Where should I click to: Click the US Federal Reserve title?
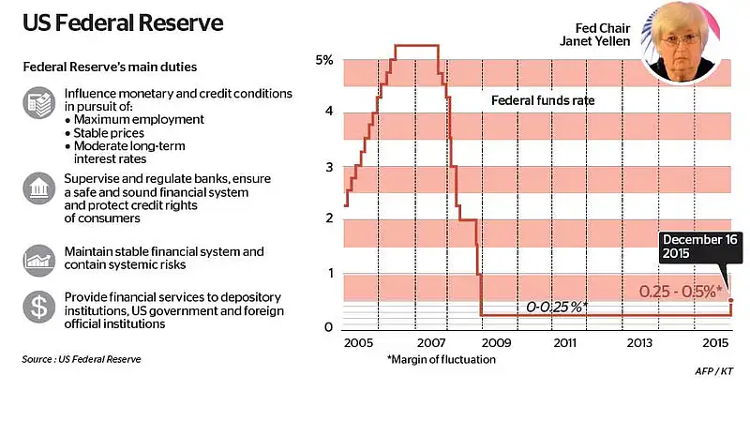point(123,23)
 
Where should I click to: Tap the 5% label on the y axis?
point(324,60)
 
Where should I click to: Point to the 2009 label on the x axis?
point(496,343)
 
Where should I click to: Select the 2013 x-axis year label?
point(639,343)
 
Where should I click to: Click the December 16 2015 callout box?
point(700,247)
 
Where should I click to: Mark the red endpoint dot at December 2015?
point(731,300)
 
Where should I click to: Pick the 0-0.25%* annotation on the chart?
point(557,307)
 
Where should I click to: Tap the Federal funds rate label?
point(543,100)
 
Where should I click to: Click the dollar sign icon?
point(39,307)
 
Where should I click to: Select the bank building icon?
point(39,188)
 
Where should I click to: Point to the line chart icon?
point(39,261)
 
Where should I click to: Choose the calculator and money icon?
point(39,102)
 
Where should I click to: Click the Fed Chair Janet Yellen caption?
point(595,35)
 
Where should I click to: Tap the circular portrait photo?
point(681,41)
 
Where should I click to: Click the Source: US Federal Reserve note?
point(82,359)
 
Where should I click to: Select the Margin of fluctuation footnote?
point(442,359)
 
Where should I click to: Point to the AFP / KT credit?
point(714,370)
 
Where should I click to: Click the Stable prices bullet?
point(105,133)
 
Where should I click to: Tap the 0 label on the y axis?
point(329,327)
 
